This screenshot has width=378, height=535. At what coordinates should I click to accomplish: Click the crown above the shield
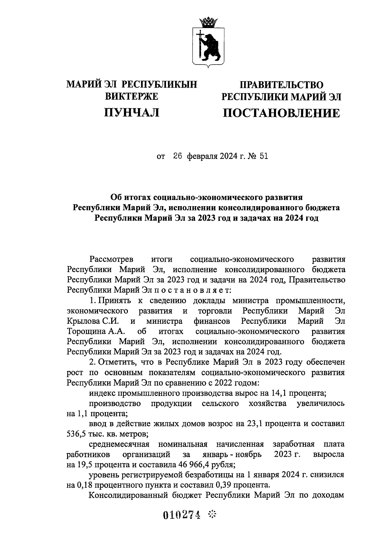[208, 22]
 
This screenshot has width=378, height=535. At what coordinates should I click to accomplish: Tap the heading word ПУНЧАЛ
[132, 112]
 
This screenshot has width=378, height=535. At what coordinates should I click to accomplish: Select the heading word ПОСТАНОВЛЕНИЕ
[281, 113]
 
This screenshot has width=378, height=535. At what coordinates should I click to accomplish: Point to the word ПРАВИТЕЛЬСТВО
[282, 85]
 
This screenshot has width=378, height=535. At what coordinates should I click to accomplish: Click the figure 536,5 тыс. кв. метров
[107, 434]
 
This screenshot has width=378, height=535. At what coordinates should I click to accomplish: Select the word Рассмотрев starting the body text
[112, 259]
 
